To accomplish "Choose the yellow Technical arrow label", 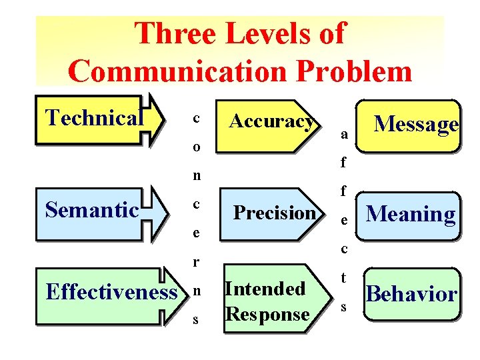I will pos(94,118).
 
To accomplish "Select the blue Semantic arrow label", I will pos(91,210).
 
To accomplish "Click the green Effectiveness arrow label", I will pos(111,292).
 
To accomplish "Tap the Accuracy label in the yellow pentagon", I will pos(271,121).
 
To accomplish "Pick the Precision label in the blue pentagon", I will pos(275,213).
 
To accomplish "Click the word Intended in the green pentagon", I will pos(265,289).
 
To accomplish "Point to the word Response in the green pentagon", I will pos(267,313).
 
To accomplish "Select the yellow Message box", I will pos(416,123).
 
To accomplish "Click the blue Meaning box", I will pos(411,213).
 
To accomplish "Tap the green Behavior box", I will pos(412,294).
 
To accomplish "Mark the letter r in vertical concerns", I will pos(196,262).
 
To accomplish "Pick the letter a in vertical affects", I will pos(343,134).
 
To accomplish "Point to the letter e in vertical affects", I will pos(343,220).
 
